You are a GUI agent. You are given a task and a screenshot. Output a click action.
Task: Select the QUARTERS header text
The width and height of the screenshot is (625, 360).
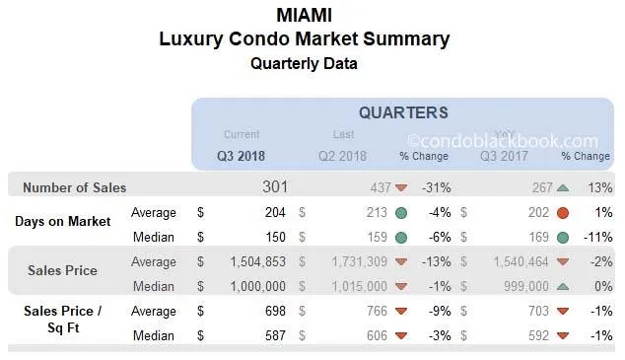(x=402, y=112)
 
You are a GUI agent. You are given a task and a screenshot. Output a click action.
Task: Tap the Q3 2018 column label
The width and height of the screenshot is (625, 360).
(x=242, y=156)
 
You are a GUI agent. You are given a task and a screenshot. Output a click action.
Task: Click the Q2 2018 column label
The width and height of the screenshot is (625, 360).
(x=342, y=156)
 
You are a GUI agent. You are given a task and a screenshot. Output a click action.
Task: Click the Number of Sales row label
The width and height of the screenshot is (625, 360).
(x=75, y=187)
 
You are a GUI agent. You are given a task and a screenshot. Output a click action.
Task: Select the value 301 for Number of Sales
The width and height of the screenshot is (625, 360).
(x=275, y=186)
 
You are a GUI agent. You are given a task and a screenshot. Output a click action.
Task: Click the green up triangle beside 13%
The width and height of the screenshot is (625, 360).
(x=562, y=187)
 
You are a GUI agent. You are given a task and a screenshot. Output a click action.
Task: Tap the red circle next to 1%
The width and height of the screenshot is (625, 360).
(x=562, y=212)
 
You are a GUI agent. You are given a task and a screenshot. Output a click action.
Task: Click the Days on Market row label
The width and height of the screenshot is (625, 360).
(x=62, y=221)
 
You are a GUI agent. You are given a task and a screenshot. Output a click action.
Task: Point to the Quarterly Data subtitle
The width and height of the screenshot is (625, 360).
(x=304, y=63)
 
